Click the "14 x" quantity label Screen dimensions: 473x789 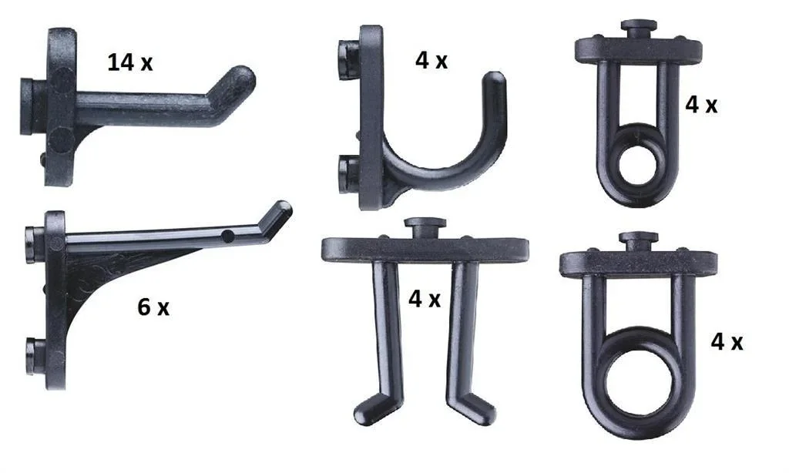coord(130,62)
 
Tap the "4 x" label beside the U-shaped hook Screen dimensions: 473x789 coord(431,61)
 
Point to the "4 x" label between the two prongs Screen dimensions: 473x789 coord(425,299)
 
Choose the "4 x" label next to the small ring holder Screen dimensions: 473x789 coord(701,105)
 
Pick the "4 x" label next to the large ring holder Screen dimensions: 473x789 coord(727,342)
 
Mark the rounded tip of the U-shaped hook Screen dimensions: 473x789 coord(495,82)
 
